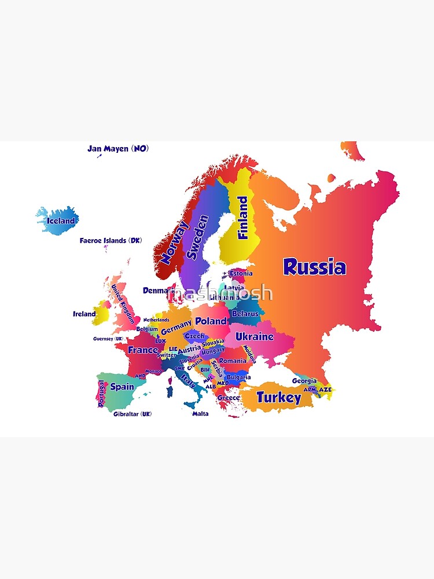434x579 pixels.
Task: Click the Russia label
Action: [x=315, y=267]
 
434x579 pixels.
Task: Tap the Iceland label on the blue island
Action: [x=61, y=221]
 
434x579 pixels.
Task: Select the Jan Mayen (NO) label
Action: [x=118, y=149]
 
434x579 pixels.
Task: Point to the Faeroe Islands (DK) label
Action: [x=111, y=240]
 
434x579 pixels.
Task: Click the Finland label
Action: [x=243, y=218]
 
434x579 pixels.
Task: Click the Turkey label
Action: [x=279, y=398]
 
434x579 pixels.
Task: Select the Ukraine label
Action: [x=254, y=336]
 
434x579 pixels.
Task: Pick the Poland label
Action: [x=211, y=321]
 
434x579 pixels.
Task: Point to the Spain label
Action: [x=122, y=386]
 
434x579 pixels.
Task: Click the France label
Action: [x=142, y=350]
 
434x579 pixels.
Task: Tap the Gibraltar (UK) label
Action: [x=133, y=414]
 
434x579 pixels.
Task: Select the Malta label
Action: [x=200, y=414]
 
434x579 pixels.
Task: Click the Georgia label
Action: [x=304, y=381]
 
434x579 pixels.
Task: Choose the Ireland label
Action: [x=84, y=314]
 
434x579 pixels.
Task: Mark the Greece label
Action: [x=229, y=398]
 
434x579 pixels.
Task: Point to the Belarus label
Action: [x=245, y=314]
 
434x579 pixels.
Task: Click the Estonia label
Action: [x=241, y=273]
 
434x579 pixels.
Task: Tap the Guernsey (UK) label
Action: [x=108, y=339]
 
